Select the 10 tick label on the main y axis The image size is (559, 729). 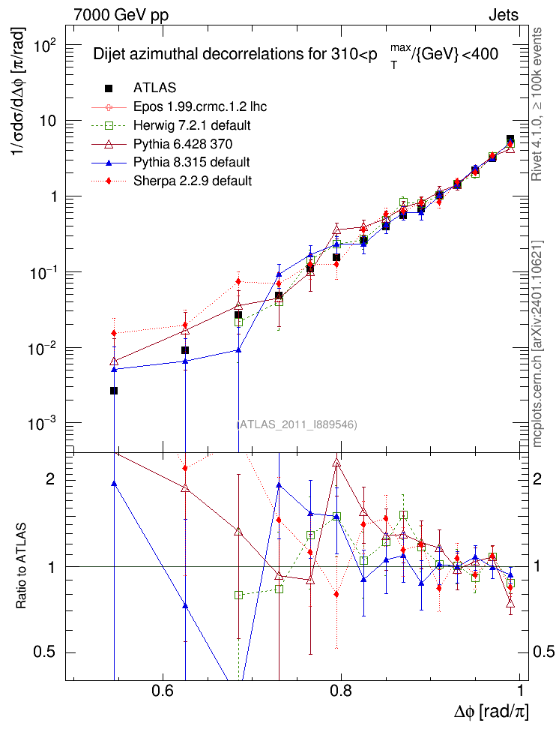point(48,121)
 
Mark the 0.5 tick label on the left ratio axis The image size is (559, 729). point(45,652)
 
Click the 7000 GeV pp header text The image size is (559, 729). point(121,14)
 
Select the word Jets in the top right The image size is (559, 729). point(503,14)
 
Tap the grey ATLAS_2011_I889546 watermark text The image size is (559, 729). point(297,425)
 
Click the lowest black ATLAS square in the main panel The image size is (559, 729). point(114,391)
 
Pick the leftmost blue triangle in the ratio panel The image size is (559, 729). point(114,484)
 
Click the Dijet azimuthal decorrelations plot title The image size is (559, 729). point(295,55)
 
